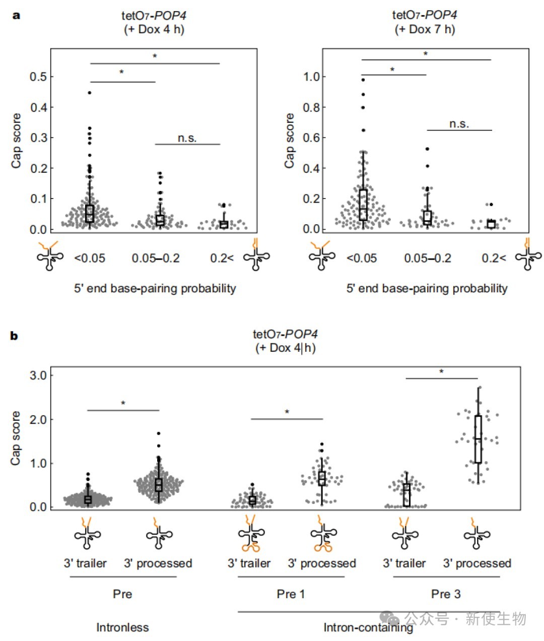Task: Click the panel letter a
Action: click(x=17, y=16)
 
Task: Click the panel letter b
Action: click(x=14, y=336)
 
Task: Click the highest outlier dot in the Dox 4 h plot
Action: click(x=90, y=93)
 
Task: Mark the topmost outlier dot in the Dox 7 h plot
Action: click(x=363, y=80)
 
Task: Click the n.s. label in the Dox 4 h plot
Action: click(x=187, y=138)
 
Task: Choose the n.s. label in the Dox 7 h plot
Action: click(x=459, y=124)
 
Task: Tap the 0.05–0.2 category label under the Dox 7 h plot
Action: click(x=428, y=258)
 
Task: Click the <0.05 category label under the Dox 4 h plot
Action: click(x=90, y=258)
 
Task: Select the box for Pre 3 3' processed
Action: click(x=479, y=439)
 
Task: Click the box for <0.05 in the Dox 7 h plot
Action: click(x=363, y=205)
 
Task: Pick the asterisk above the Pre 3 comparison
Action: click(x=441, y=371)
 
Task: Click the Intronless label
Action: click(x=122, y=627)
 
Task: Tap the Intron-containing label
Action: click(x=368, y=627)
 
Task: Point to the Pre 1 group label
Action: click(x=291, y=594)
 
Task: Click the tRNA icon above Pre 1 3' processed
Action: click(x=324, y=536)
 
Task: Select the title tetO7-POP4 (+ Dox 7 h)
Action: click(x=425, y=22)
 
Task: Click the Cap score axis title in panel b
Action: click(x=16, y=438)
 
